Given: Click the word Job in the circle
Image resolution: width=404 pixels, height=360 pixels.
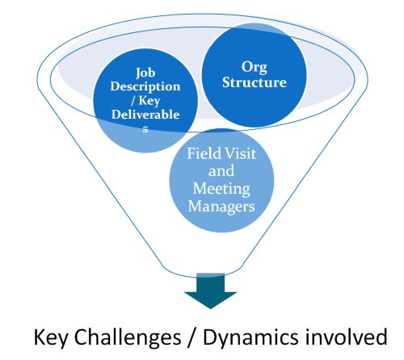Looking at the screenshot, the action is pos(145,73).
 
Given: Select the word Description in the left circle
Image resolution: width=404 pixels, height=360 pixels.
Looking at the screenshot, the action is pos(145,87).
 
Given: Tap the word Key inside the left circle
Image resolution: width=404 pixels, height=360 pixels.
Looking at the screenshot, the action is pos(149,101).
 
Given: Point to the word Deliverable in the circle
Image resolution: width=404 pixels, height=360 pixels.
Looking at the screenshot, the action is pos(145,115).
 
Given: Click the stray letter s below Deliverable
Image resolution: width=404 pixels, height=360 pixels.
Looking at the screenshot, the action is pos(145,129).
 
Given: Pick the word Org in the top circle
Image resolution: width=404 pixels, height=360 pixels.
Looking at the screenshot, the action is pos(255,67).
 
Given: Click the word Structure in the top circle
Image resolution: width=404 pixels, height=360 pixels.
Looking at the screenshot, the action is pos(255,82).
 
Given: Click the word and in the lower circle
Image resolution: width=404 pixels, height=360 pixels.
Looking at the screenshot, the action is pos(221,171).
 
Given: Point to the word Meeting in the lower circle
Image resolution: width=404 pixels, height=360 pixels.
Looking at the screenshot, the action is pos(221,189).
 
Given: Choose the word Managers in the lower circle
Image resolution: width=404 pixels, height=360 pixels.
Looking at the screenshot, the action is pos(221,207).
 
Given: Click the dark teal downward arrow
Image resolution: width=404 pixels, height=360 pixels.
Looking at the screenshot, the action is pos(210,291).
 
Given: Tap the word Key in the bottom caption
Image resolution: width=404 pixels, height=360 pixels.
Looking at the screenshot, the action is pos(51,337).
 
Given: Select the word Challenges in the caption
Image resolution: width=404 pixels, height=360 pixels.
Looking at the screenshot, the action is pos(128,337).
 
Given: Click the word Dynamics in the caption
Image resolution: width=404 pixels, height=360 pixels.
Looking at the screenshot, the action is pos(250,337).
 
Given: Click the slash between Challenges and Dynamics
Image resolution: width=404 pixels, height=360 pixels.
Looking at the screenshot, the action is pos(191,337).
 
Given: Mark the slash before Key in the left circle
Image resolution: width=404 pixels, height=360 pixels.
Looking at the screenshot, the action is pos(133,101).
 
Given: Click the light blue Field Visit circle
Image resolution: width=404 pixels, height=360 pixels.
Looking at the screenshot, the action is pos(221,181).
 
